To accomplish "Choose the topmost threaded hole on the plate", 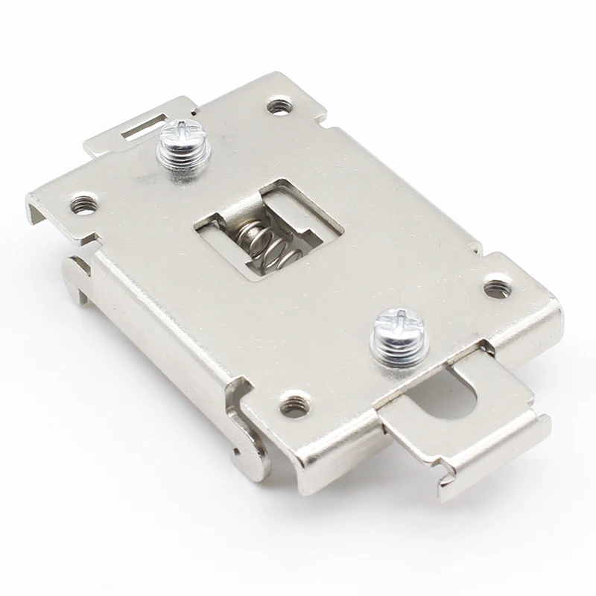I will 279,105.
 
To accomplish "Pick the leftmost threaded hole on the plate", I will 82,203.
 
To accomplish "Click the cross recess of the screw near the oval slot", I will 393,322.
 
